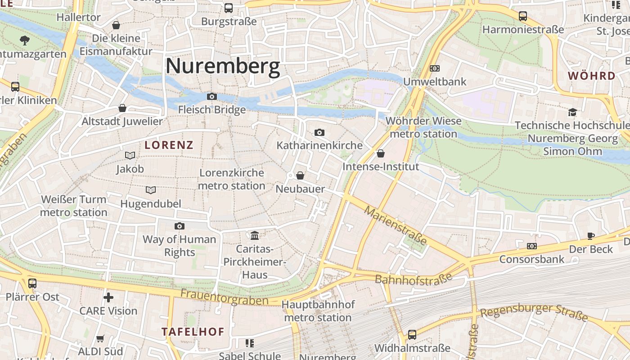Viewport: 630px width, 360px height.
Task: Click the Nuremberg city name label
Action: click(223, 66)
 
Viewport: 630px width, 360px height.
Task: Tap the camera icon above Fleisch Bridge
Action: click(211, 96)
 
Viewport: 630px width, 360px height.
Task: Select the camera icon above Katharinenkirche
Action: click(319, 132)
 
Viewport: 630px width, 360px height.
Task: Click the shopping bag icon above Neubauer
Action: click(300, 175)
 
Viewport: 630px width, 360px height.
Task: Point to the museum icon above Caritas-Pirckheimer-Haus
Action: click(255, 235)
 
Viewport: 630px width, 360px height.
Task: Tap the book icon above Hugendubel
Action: click(151, 190)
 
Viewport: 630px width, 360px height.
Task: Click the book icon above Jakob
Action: click(130, 155)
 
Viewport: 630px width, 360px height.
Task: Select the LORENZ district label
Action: click(169, 145)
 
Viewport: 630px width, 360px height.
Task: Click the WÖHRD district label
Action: click(591, 76)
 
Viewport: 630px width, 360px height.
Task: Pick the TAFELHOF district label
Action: click(193, 332)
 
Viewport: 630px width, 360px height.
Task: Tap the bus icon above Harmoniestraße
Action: click(522, 16)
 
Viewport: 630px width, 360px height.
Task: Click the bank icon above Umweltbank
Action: click(434, 68)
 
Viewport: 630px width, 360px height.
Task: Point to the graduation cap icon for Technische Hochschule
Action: click(572, 112)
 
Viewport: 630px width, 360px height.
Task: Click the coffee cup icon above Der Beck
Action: click(591, 236)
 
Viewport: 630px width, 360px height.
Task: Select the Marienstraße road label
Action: click(396, 225)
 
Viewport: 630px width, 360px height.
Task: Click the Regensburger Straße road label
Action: click(534, 312)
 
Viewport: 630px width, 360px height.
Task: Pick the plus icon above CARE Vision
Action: click(108, 297)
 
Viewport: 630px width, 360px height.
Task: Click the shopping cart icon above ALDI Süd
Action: click(100, 338)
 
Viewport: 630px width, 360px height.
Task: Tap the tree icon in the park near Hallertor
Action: click(25, 40)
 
